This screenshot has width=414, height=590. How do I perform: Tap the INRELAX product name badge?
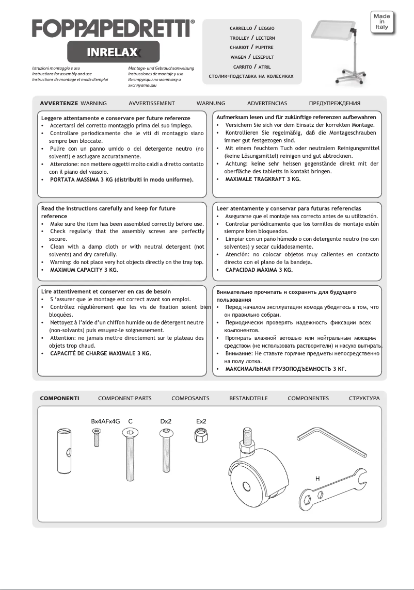[113, 52]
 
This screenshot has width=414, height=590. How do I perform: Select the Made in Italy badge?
[381, 22]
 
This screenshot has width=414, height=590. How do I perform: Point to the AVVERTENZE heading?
[59, 103]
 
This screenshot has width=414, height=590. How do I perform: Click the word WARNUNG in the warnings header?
[211, 103]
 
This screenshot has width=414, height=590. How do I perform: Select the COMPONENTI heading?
[59, 398]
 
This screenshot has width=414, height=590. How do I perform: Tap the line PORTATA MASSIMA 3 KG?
[121, 179]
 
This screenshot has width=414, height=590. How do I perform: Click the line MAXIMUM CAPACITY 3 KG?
[84, 270]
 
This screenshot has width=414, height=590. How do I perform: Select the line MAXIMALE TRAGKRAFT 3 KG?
[263, 179]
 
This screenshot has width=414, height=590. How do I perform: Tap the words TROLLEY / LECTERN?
[252, 38]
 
